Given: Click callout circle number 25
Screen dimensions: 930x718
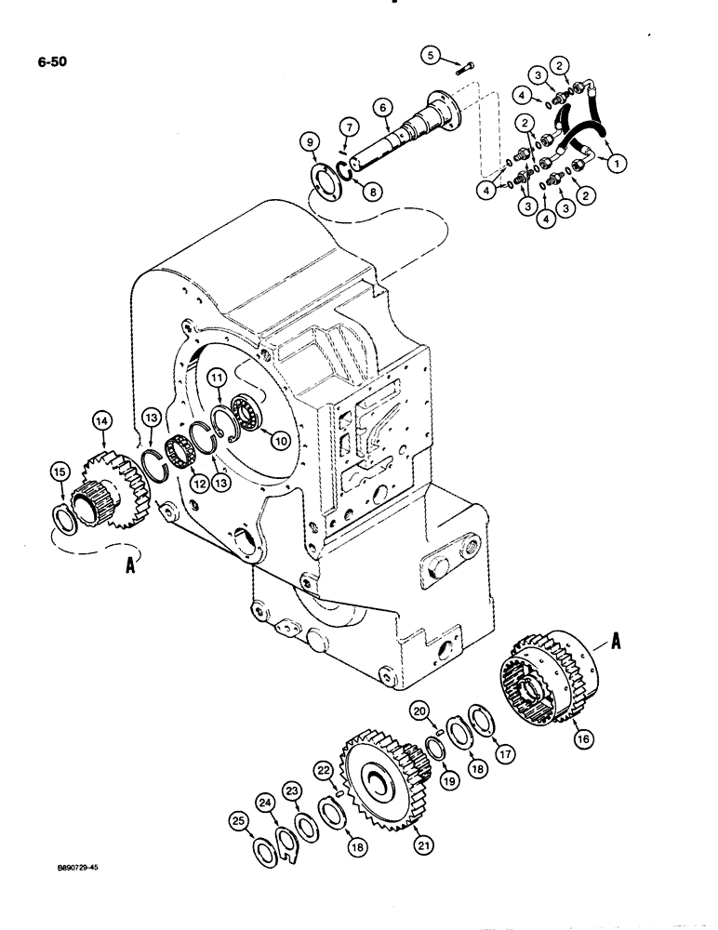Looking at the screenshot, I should click(x=238, y=821).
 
